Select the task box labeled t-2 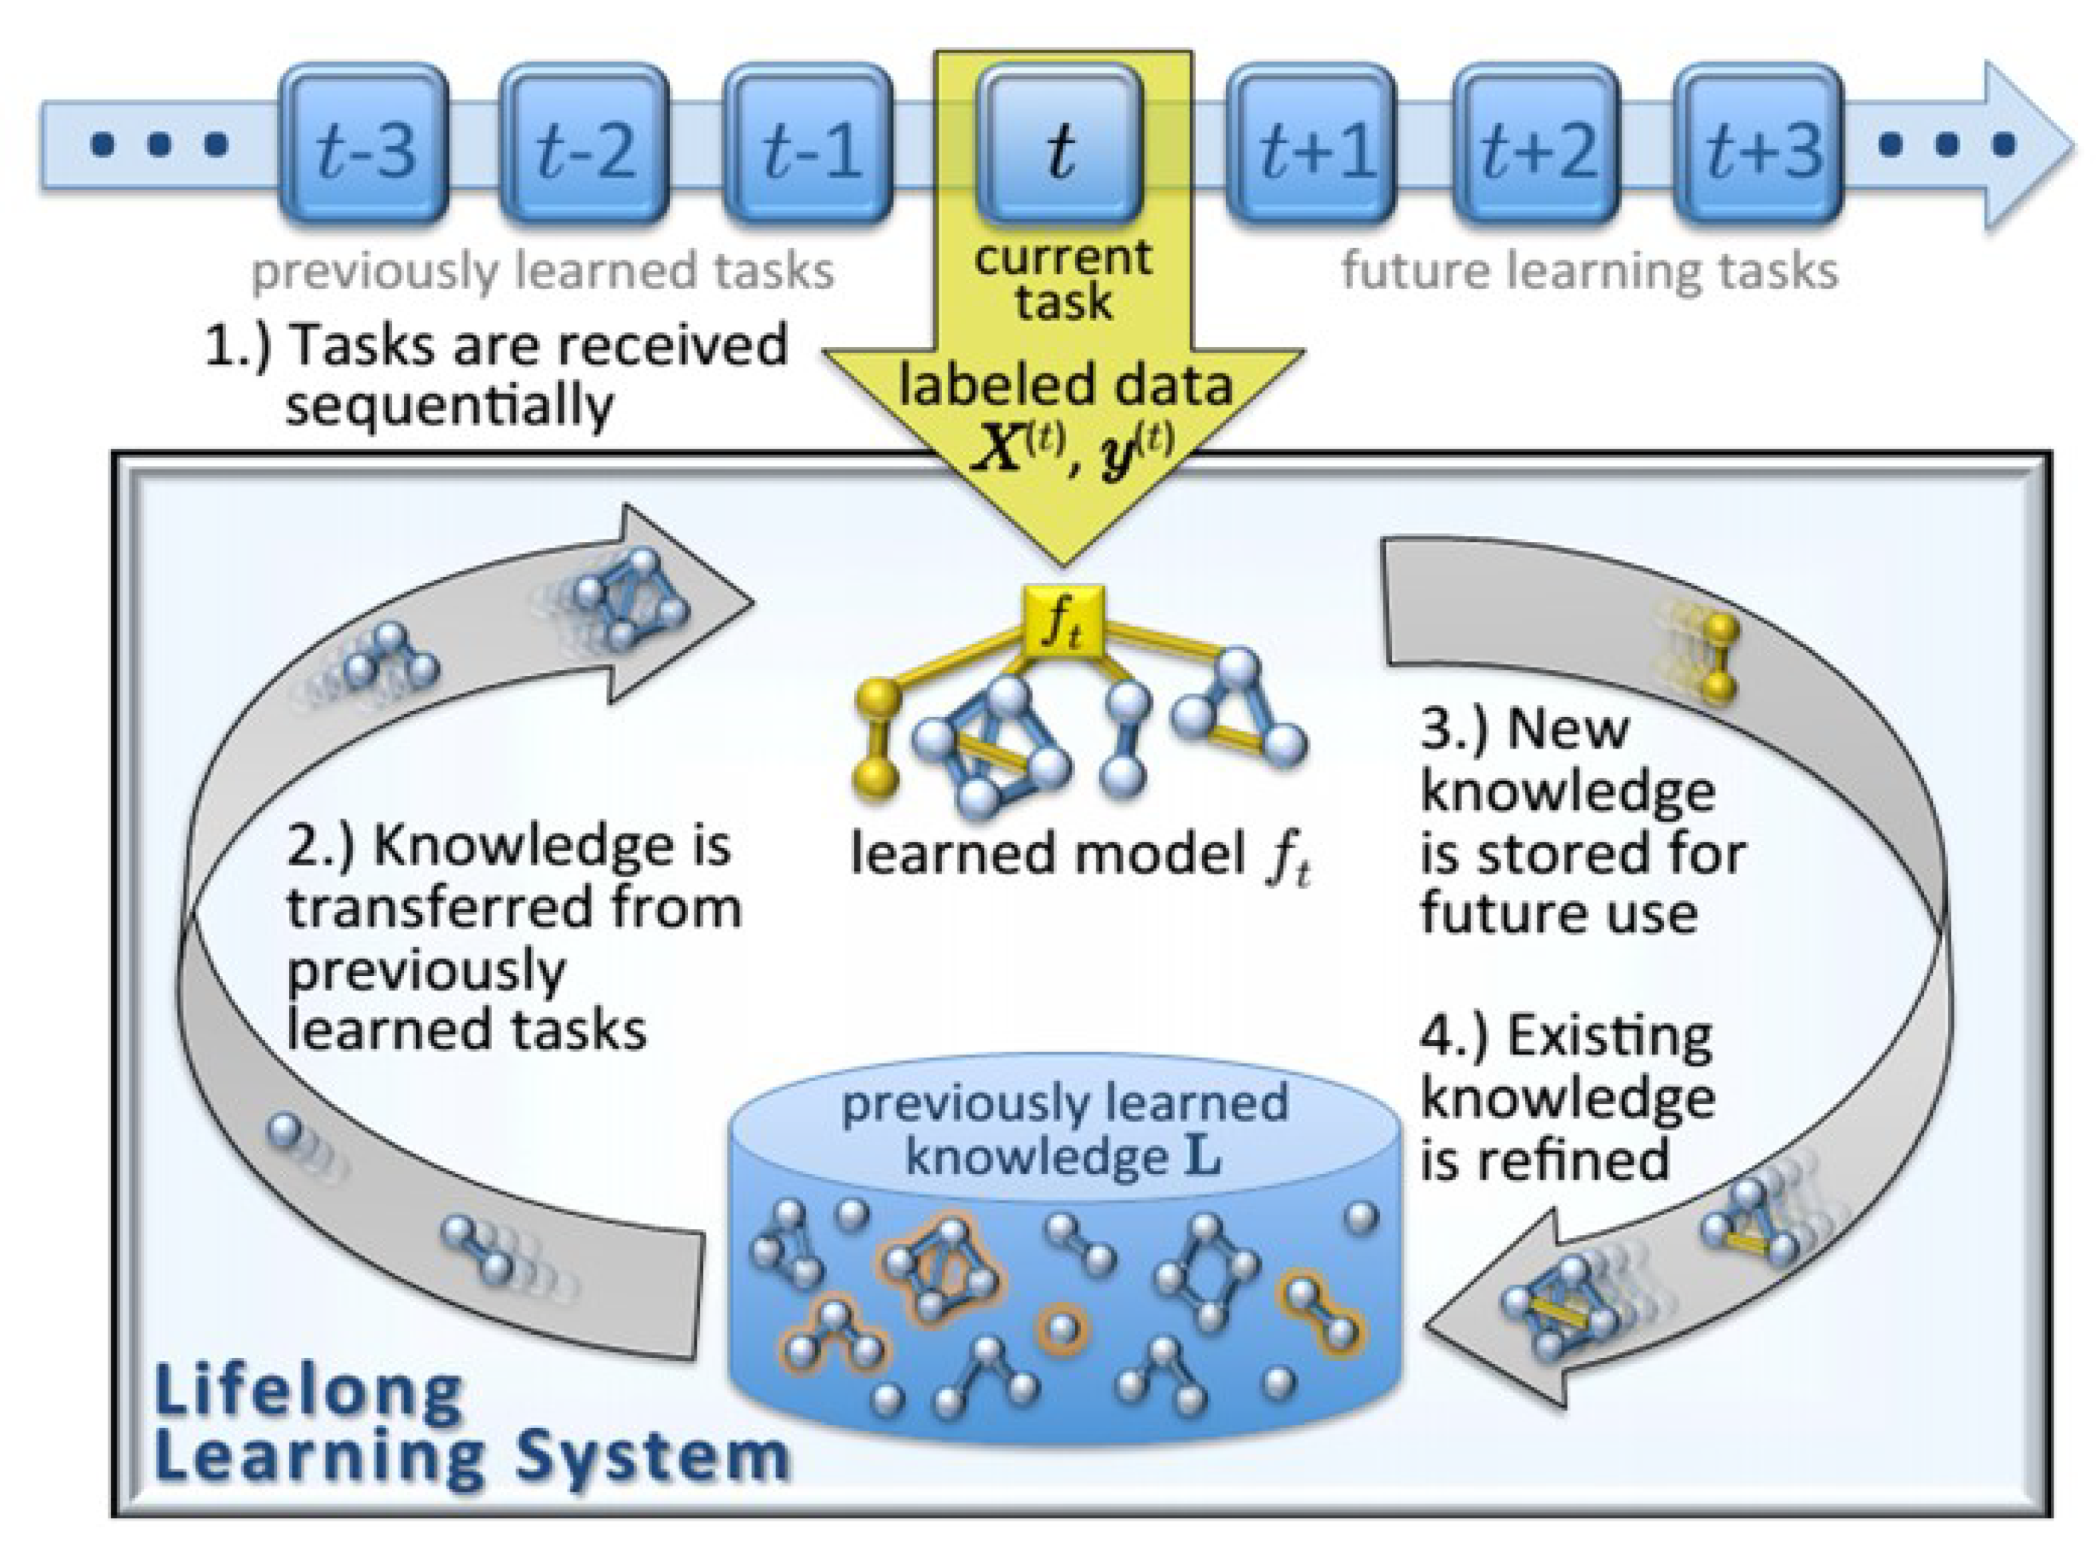(585, 145)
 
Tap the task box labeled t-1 (809, 145)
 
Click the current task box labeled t (1061, 145)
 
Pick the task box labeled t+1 (1312, 145)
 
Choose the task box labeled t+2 (1537, 145)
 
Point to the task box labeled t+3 (1759, 145)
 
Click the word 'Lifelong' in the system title (309, 1392)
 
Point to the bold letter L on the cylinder (1204, 1159)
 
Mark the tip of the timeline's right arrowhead (2073, 145)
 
